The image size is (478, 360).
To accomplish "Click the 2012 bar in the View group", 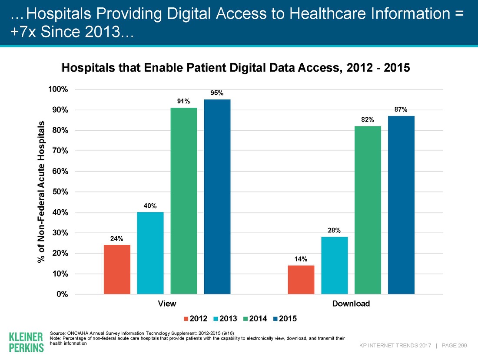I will click(117, 269).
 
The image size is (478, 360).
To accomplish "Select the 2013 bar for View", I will click(150, 253).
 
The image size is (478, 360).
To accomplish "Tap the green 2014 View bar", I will click(184, 201).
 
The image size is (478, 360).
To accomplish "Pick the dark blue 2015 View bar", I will click(217, 197).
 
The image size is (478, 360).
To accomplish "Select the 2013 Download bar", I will click(335, 265).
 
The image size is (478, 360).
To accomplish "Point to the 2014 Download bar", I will click(368, 210).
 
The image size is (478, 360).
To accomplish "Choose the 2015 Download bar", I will click(401, 205).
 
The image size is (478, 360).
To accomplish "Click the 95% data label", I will click(217, 93).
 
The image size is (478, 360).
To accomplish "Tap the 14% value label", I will click(301, 259).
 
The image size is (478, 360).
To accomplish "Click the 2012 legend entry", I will click(195, 319).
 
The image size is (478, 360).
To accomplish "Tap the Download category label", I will click(351, 304).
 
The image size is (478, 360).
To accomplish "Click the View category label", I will click(167, 304).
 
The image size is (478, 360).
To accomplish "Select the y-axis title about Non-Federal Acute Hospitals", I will click(41, 192).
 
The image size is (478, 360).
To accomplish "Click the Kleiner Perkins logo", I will click(26, 342).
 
